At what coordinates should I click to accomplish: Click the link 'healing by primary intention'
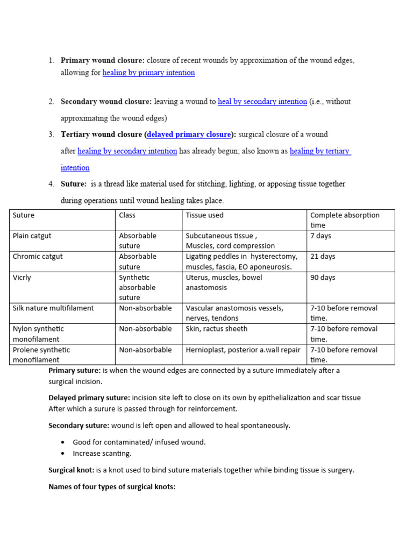click(x=148, y=73)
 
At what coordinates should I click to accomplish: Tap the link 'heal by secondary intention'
click(x=262, y=101)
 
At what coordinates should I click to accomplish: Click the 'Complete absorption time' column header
click(x=345, y=220)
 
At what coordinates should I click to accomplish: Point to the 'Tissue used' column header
click(x=204, y=215)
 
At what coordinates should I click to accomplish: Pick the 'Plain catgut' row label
click(x=32, y=236)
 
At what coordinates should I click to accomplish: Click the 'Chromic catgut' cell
click(x=38, y=257)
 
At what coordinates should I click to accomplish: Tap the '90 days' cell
click(x=323, y=278)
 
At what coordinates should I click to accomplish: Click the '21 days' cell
click(x=323, y=257)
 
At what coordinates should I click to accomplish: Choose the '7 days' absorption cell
click(x=321, y=236)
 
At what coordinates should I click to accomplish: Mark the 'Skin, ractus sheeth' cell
click(x=217, y=329)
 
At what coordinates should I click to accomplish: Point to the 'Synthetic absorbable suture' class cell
click(x=137, y=287)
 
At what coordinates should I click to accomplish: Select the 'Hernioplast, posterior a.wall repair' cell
click(x=243, y=350)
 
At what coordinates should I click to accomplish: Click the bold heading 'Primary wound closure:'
click(x=103, y=60)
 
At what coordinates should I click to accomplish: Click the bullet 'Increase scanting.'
click(x=102, y=453)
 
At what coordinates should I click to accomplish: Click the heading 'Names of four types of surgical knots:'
click(x=112, y=487)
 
